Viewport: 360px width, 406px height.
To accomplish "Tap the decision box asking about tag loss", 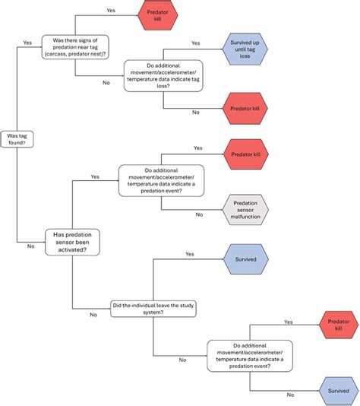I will [x=163, y=76].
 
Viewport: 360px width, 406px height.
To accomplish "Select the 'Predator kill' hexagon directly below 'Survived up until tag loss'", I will [x=245, y=108].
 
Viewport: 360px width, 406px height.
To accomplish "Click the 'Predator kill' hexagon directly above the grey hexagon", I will [x=245, y=154].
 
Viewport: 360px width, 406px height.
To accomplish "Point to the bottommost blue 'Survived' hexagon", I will [x=339, y=390].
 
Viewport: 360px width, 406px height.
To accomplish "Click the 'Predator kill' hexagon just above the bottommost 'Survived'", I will [x=339, y=325].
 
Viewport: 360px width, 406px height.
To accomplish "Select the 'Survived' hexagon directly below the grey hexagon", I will [x=245, y=259].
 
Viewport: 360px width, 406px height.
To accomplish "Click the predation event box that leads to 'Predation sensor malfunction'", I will [x=161, y=181].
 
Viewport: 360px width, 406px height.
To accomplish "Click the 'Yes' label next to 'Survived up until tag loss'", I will [x=196, y=43].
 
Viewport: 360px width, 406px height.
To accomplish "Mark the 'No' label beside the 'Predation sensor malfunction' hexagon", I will [x=199, y=214].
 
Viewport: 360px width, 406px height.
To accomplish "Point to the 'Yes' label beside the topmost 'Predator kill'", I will [x=112, y=10].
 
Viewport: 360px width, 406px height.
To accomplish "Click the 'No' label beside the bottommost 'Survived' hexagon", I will [x=291, y=395].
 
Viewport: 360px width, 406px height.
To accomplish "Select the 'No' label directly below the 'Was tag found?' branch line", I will [x=30, y=246].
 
